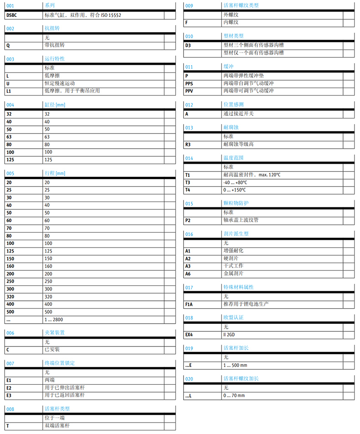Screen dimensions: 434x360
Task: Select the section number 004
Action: (10, 105)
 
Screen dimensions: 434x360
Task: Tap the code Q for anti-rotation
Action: (8, 45)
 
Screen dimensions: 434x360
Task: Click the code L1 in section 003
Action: (9, 91)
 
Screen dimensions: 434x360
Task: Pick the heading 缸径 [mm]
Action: (54, 105)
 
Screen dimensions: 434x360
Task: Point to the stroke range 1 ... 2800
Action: (54, 320)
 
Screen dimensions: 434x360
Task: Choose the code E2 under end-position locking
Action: (9, 387)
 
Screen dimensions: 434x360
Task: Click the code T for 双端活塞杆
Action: (7, 425)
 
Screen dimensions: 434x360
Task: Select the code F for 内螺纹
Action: (187, 22)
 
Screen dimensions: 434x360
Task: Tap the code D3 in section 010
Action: (188, 45)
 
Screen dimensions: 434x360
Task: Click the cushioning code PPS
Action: (190, 83)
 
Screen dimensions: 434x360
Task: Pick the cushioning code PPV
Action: (190, 91)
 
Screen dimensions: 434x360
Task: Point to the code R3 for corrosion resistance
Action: (188, 145)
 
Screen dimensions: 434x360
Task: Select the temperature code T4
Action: (188, 190)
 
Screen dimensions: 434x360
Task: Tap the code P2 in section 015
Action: (188, 220)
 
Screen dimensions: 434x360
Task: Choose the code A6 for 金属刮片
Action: (188, 274)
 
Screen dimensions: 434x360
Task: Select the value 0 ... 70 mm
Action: (234, 395)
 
